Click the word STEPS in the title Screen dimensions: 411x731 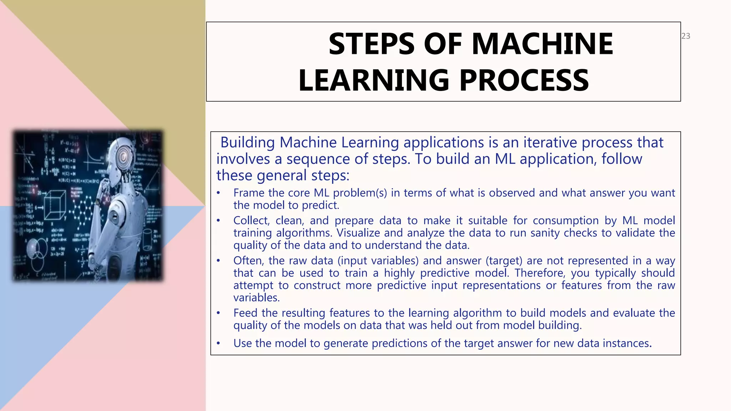click(371, 44)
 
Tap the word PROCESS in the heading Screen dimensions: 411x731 click(524, 80)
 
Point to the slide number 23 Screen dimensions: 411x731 click(686, 36)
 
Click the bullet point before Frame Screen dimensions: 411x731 click(218, 193)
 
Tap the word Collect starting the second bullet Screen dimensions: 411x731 click(251, 220)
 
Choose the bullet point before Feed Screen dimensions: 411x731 click(218, 313)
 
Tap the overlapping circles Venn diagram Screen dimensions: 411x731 click(37, 250)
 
